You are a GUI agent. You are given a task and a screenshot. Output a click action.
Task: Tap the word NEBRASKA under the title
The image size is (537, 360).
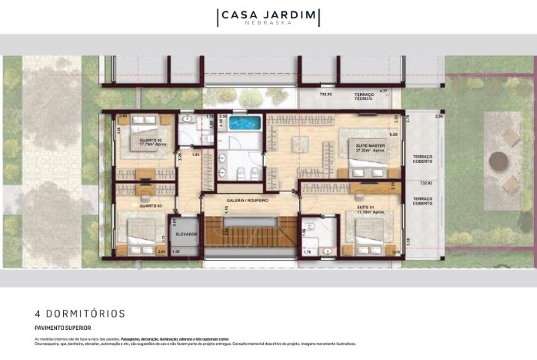click(x=268, y=24)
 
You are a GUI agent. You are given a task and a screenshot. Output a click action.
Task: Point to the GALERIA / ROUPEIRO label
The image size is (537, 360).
click(x=247, y=200)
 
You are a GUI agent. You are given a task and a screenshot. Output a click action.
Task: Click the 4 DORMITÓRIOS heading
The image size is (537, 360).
click(x=80, y=313)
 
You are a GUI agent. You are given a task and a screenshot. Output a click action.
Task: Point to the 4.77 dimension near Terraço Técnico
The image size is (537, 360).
click(x=384, y=91)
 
